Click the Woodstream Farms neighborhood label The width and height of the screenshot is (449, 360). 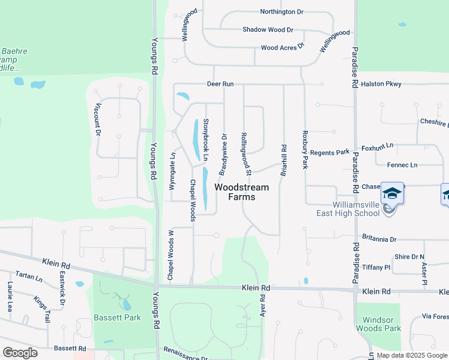point(242,192)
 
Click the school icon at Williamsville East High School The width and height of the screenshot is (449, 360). point(392,193)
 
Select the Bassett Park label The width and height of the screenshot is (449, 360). point(116,317)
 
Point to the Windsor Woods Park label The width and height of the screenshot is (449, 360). point(378,323)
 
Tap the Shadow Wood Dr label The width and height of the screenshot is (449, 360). point(268,29)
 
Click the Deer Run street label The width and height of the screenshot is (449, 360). point(220,84)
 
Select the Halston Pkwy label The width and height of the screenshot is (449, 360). point(381,84)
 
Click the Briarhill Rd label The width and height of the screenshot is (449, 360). point(284,160)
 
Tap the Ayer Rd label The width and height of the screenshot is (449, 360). point(262,305)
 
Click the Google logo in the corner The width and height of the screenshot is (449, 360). point(21,353)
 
